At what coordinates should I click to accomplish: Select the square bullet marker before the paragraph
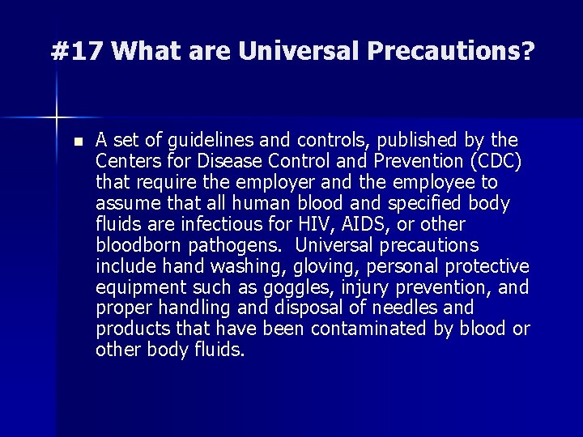click(x=77, y=141)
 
